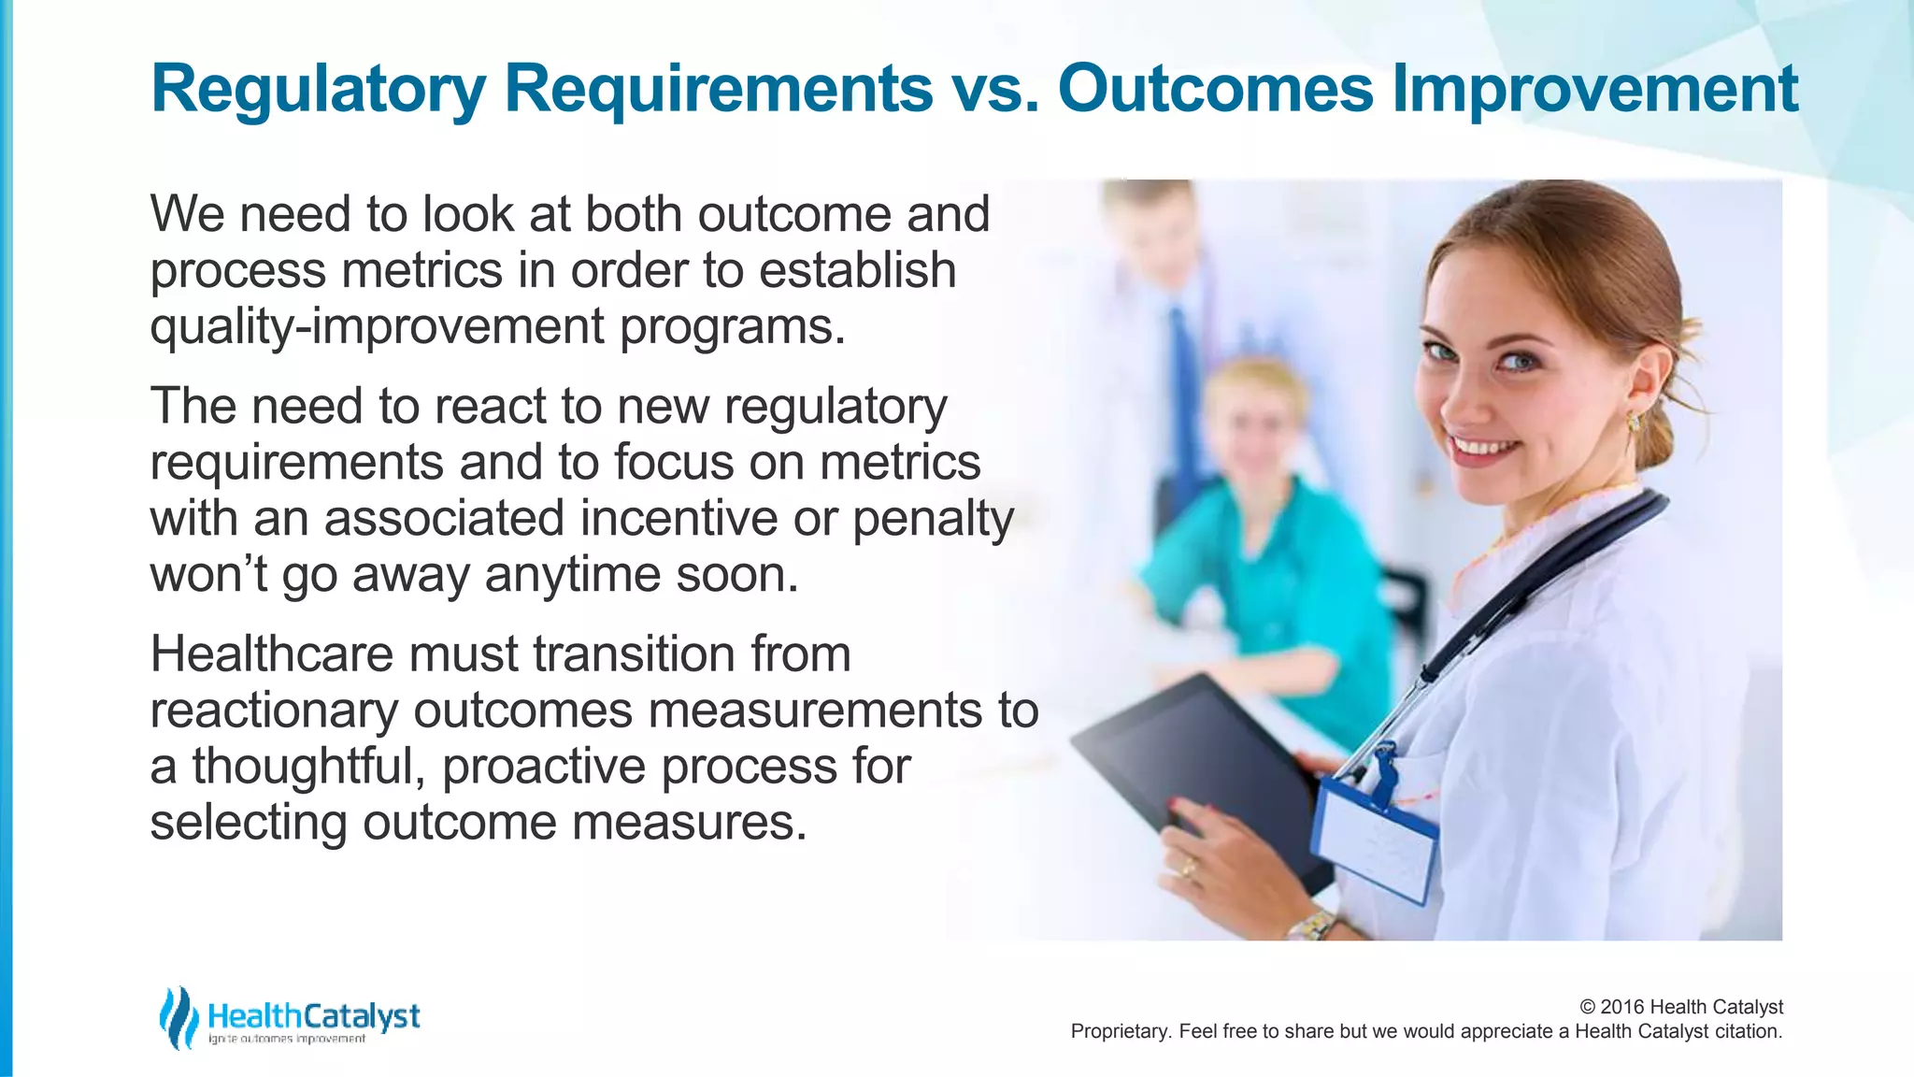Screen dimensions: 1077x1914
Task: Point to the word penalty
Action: (x=932, y=520)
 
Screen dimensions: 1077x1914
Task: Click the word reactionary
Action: (x=274, y=711)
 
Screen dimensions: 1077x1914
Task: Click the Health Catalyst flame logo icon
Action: (x=178, y=1017)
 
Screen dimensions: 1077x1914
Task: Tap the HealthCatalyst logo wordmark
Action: (x=314, y=1016)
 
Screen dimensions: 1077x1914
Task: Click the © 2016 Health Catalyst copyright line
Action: (x=1680, y=1007)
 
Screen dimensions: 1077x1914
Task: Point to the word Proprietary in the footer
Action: (x=1119, y=1032)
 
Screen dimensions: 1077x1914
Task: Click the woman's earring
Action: (x=1634, y=423)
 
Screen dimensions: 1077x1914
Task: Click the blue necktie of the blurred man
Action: (x=1182, y=374)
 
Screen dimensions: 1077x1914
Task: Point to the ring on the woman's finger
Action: (x=1189, y=869)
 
